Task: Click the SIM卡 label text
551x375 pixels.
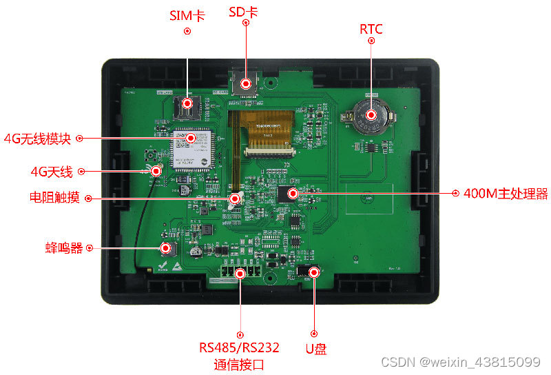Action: coord(187,15)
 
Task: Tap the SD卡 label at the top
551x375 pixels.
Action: coord(244,12)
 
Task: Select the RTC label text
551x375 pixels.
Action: coord(371,29)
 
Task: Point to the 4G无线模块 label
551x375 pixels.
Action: coord(38,137)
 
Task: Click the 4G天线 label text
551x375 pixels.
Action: coord(52,172)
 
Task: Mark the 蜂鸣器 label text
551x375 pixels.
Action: coord(65,247)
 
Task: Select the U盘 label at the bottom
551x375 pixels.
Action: coord(315,349)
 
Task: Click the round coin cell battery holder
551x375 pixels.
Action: coord(371,115)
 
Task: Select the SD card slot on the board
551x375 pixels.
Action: coord(245,82)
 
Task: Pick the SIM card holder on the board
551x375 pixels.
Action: coord(186,105)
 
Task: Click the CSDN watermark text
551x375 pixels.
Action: coord(459,362)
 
